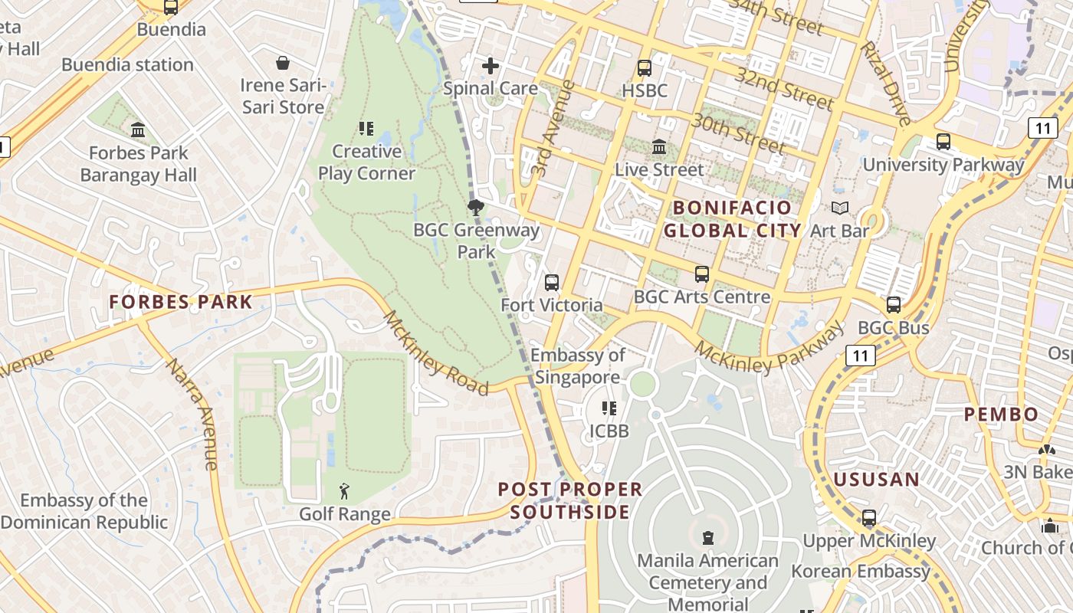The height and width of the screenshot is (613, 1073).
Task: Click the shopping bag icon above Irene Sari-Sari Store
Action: click(283, 62)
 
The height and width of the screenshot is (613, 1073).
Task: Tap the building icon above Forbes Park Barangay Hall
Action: click(138, 129)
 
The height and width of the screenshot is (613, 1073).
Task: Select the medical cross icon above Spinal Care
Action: click(490, 66)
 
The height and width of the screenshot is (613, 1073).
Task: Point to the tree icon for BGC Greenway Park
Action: click(475, 207)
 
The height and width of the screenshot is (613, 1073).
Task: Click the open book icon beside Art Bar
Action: click(840, 208)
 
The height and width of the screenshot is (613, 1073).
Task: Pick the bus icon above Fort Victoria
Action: click(551, 282)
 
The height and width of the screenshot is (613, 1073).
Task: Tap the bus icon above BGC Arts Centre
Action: click(701, 274)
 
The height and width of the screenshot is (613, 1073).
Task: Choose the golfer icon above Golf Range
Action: click(344, 490)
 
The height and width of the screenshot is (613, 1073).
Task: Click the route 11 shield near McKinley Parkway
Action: click(861, 355)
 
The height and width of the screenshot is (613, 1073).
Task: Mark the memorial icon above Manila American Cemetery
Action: click(707, 538)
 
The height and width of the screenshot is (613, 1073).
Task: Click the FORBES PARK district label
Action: click(181, 302)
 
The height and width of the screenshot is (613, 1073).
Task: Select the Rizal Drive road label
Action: click(885, 84)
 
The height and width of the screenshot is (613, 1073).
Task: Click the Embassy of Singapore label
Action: click(578, 366)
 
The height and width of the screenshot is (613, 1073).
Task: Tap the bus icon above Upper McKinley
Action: click(868, 518)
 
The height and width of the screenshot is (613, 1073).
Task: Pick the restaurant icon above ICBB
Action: click(609, 408)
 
